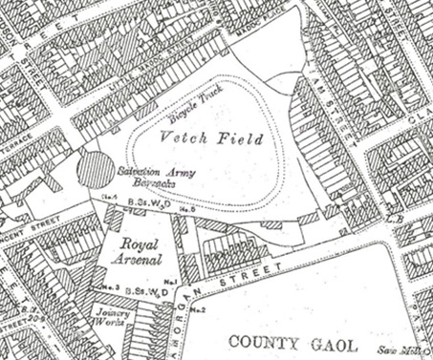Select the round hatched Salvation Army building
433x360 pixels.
(x=95, y=172)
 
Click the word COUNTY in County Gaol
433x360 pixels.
(x=260, y=339)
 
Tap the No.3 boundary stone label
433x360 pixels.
(x=109, y=287)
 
